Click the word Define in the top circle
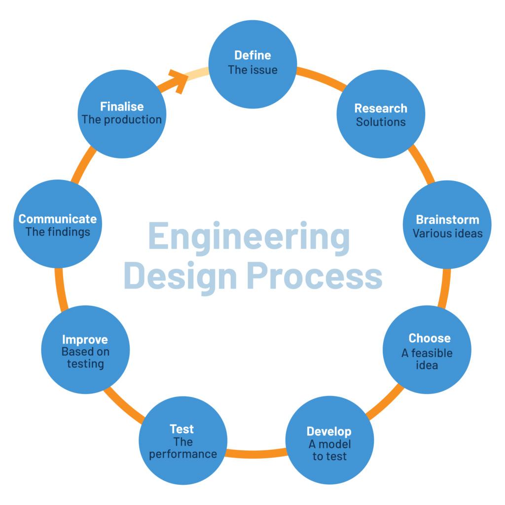pyautogui.click(x=252, y=55)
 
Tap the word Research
pyautogui.click(x=381, y=108)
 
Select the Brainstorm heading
pyautogui.click(x=448, y=219)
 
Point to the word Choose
pyautogui.click(x=430, y=338)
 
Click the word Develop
pyautogui.click(x=329, y=432)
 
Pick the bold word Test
pyautogui.click(x=181, y=429)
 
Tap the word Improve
pyautogui.click(x=85, y=340)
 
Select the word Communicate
pyautogui.click(x=58, y=219)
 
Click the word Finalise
pyautogui.click(x=122, y=107)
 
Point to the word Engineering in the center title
pyautogui.click(x=249, y=238)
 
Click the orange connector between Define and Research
pyautogui.click(x=321, y=78)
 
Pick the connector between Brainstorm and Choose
pyautogui.click(x=444, y=288)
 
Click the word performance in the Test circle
pyautogui.click(x=183, y=454)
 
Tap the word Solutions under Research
pyautogui.click(x=381, y=122)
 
